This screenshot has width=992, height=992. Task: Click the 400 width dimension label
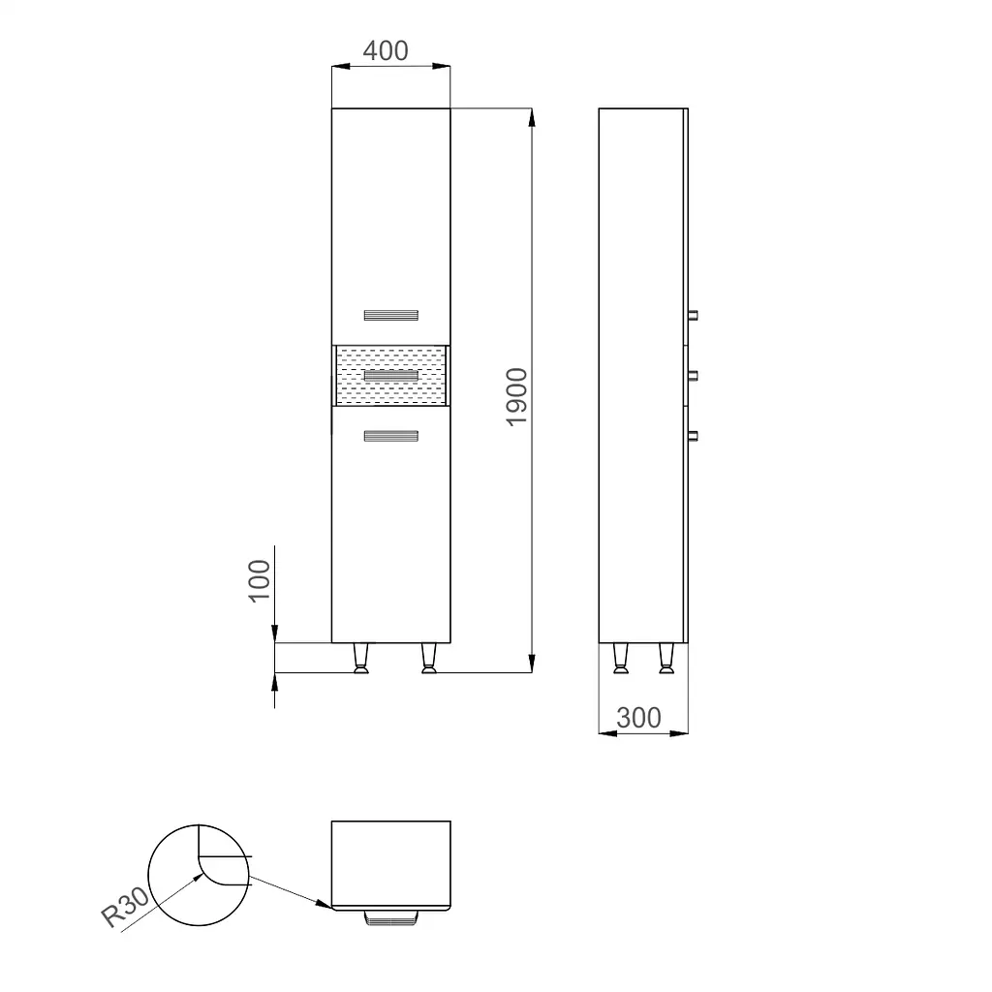386,50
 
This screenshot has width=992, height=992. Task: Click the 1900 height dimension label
517,396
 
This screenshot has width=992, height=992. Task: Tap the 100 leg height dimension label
260,581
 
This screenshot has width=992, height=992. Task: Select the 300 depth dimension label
638,718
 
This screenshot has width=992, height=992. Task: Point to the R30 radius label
125,906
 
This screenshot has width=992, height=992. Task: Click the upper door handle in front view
391,315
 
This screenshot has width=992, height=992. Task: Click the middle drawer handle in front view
391,376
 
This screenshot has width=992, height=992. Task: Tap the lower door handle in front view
391,436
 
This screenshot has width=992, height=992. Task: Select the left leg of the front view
361,659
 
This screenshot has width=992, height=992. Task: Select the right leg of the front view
429,659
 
